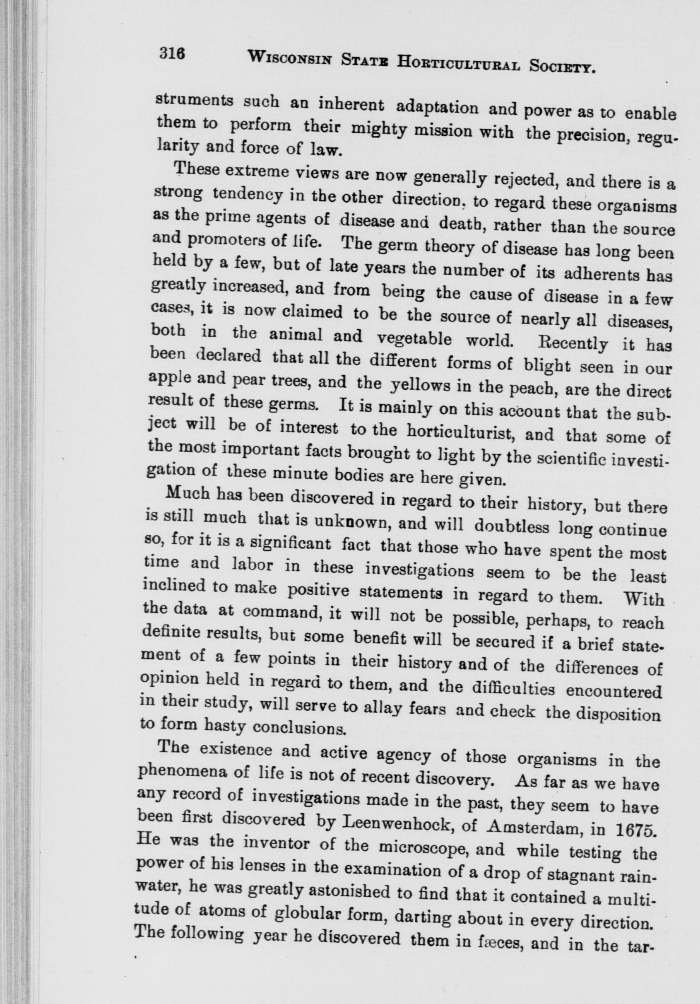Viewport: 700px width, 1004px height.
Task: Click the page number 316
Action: point(173,54)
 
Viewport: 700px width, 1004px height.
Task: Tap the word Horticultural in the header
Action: point(458,63)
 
